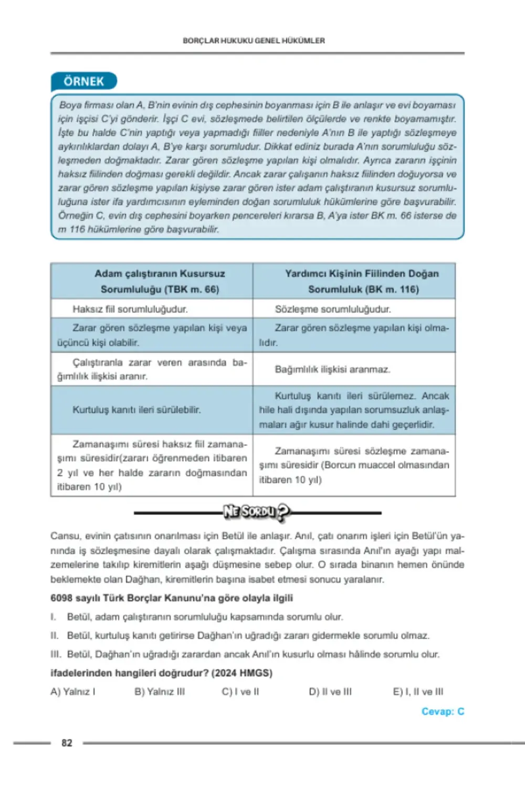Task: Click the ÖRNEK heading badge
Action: (x=84, y=81)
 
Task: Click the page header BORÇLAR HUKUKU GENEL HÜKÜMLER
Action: (x=254, y=40)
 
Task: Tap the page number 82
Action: (x=67, y=742)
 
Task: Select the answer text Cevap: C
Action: (x=443, y=711)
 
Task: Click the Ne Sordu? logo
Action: (x=257, y=512)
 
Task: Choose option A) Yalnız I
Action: (x=73, y=692)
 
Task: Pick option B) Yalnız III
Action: (x=160, y=692)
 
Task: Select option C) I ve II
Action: (x=240, y=692)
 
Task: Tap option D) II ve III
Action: (x=330, y=692)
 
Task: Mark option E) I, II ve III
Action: (x=418, y=692)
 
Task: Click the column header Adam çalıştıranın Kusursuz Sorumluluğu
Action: (x=160, y=281)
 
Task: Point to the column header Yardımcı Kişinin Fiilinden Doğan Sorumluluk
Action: (x=362, y=281)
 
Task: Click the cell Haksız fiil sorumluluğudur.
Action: (x=130, y=309)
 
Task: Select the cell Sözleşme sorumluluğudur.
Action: (x=333, y=309)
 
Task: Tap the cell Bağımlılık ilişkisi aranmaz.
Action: (x=332, y=369)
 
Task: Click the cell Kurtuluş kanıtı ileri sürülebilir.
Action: (x=136, y=410)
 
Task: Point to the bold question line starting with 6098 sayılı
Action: (x=172, y=598)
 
